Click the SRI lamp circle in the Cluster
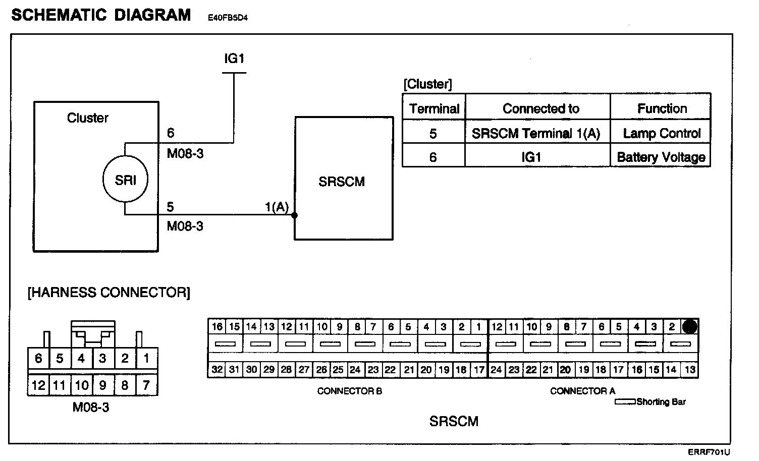(x=125, y=180)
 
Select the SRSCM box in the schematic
(x=344, y=178)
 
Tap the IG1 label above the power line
(x=234, y=59)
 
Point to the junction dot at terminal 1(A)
(x=294, y=215)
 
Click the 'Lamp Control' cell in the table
(x=661, y=133)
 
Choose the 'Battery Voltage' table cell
(x=661, y=157)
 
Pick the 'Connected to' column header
(x=540, y=108)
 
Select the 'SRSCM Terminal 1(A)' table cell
(x=536, y=133)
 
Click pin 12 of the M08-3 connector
(x=38, y=386)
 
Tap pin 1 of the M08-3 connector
(x=146, y=359)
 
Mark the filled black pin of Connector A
(x=690, y=327)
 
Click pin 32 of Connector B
(x=217, y=370)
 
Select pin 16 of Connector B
(x=217, y=326)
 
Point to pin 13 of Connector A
(x=690, y=370)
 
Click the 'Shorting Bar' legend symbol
(x=625, y=402)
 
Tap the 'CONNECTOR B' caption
(x=349, y=391)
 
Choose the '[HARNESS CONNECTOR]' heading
(x=109, y=293)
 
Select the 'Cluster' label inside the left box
(x=87, y=118)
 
